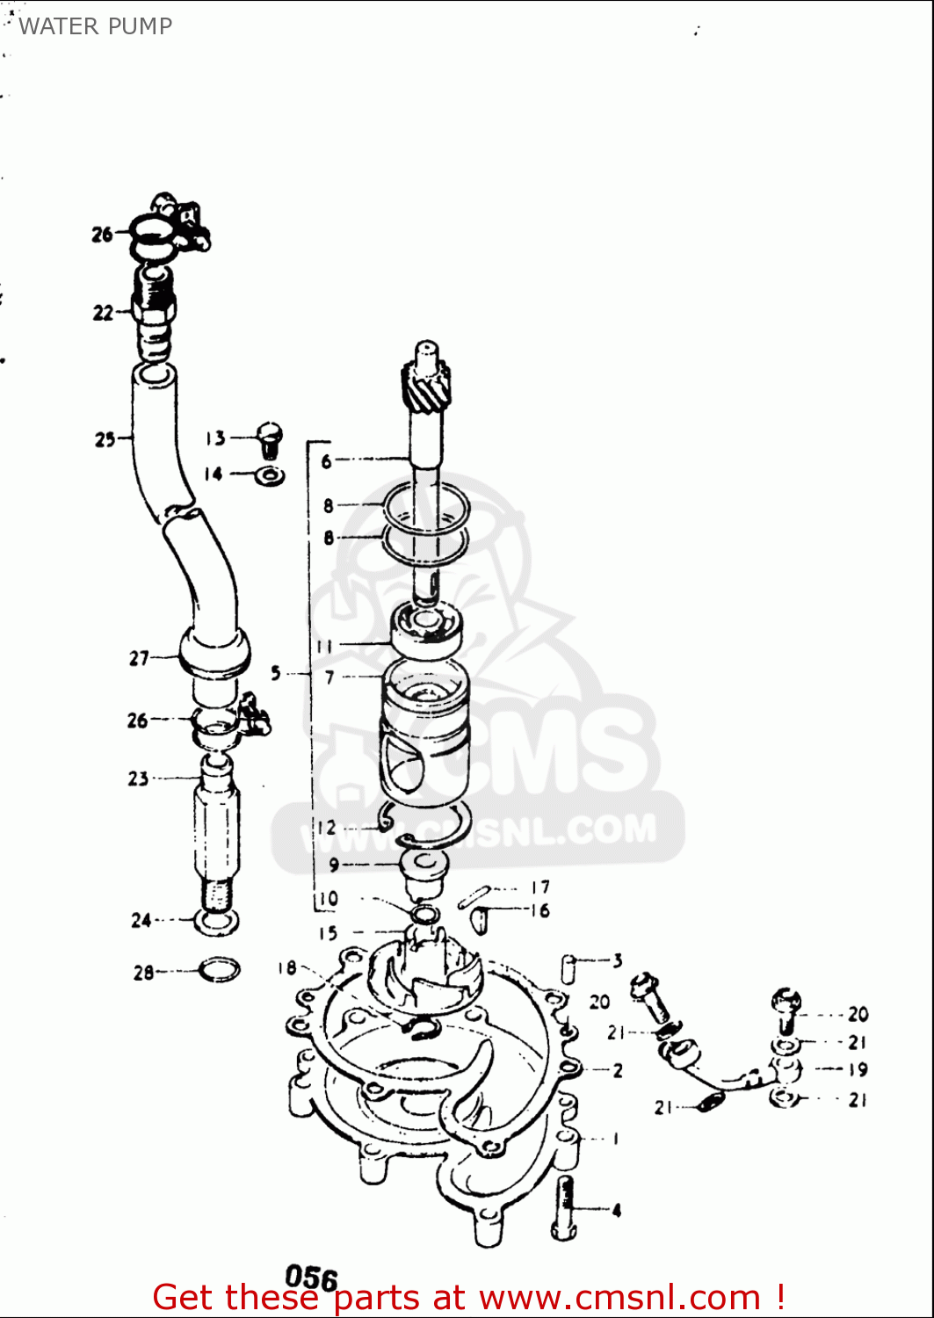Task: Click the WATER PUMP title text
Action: pyautogui.click(x=95, y=26)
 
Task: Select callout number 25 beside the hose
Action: pyautogui.click(x=105, y=438)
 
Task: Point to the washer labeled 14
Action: pyautogui.click(x=270, y=476)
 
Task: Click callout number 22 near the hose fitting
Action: pyautogui.click(x=103, y=313)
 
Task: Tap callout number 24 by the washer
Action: pyautogui.click(x=141, y=920)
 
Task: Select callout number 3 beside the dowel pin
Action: pyautogui.click(x=618, y=960)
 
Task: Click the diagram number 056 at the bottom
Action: pyautogui.click(x=311, y=1278)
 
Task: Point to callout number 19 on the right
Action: pyautogui.click(x=858, y=1069)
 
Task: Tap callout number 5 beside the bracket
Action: pyautogui.click(x=276, y=673)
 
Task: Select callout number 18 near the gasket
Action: pyautogui.click(x=286, y=967)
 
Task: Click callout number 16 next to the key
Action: pyautogui.click(x=539, y=910)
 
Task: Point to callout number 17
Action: pyautogui.click(x=540, y=887)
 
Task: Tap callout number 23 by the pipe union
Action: pyautogui.click(x=138, y=778)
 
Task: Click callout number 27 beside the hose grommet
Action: pyautogui.click(x=139, y=657)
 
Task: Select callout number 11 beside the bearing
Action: pyautogui.click(x=324, y=646)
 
